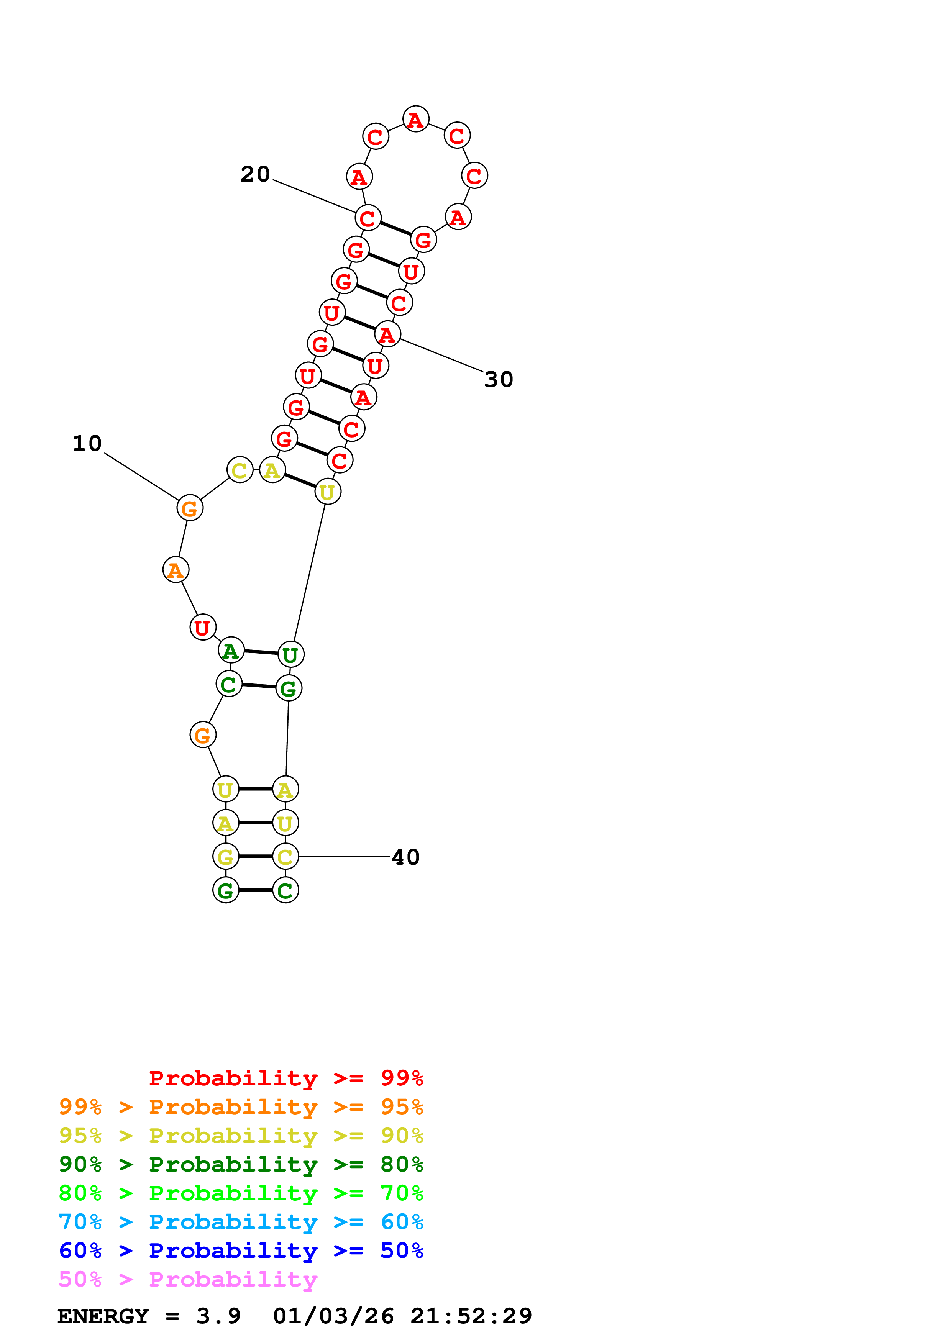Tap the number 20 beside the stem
tap(255, 174)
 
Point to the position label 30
tap(499, 379)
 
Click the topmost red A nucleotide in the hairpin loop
tap(415, 120)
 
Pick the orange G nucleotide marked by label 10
tap(190, 508)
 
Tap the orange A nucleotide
tap(176, 570)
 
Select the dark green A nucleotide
tap(231, 650)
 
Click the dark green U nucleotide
tap(291, 654)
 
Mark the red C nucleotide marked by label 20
tap(368, 218)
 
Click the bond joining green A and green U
tap(261, 652)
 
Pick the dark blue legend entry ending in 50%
tap(241, 1251)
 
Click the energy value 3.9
tap(218, 1316)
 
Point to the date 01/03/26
tap(333, 1316)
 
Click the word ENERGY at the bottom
tap(103, 1316)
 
